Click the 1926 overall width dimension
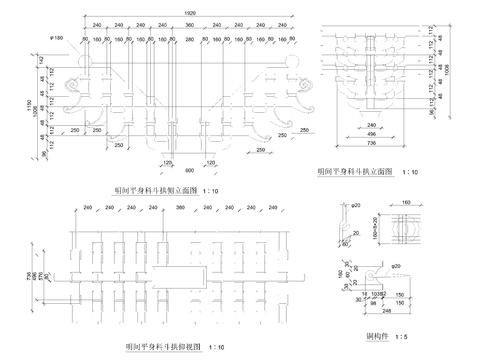click(x=177, y=12)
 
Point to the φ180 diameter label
click(x=57, y=38)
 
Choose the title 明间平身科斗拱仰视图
click(x=163, y=346)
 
